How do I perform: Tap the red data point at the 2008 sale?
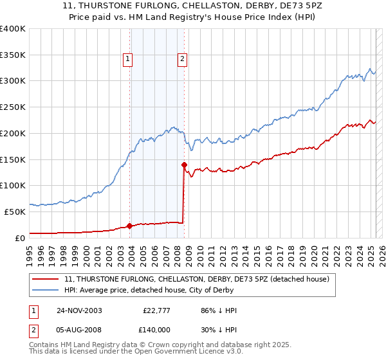(184, 165)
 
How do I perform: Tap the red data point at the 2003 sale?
(130, 226)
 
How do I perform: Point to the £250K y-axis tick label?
(13, 107)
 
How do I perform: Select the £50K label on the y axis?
(15, 212)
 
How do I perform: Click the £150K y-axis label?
(13, 159)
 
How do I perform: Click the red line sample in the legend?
(45, 279)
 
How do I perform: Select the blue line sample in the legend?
(45, 290)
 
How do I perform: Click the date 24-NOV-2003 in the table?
(79, 310)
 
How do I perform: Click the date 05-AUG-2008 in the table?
(79, 329)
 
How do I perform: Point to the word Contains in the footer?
(46, 345)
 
